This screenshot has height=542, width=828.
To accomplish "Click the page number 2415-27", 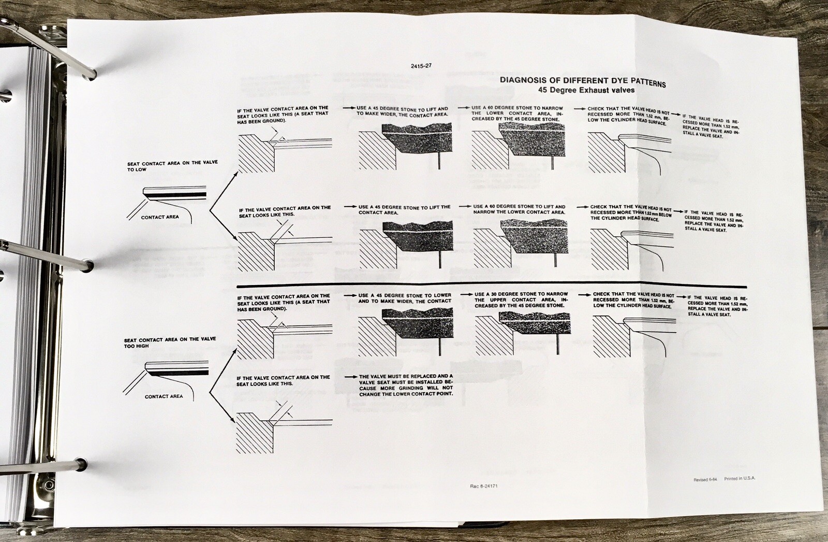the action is coord(421,66).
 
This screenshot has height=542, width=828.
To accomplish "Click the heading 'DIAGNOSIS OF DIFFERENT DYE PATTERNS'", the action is coord(583,82).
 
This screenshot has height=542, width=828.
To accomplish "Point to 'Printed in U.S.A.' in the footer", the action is coord(740,478).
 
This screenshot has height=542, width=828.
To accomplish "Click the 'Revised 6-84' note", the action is coord(705,479).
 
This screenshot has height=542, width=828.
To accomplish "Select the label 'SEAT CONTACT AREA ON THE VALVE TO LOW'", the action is coord(172,166).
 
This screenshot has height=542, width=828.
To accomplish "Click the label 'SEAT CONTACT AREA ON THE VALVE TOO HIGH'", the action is coord(170,343).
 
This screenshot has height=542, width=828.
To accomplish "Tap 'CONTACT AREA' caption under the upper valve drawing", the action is coord(160,217).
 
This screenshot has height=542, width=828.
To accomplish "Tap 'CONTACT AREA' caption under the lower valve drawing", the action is coord(164,396).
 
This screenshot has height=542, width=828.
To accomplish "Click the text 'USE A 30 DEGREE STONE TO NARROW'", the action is coord(521,294).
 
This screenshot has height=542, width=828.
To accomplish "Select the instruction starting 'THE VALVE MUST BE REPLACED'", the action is coord(406,385).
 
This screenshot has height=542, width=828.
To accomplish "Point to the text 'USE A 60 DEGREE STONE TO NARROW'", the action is coord(517,108).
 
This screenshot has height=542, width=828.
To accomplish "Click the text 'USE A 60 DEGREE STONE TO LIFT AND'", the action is coord(520,207).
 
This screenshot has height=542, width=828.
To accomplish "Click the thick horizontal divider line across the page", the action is coord(491,286).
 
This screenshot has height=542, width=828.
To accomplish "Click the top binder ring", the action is coord(48,48).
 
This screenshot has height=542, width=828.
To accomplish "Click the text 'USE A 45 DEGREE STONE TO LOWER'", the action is coord(405,295).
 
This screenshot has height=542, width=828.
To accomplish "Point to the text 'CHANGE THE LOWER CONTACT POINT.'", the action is coord(406,394).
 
